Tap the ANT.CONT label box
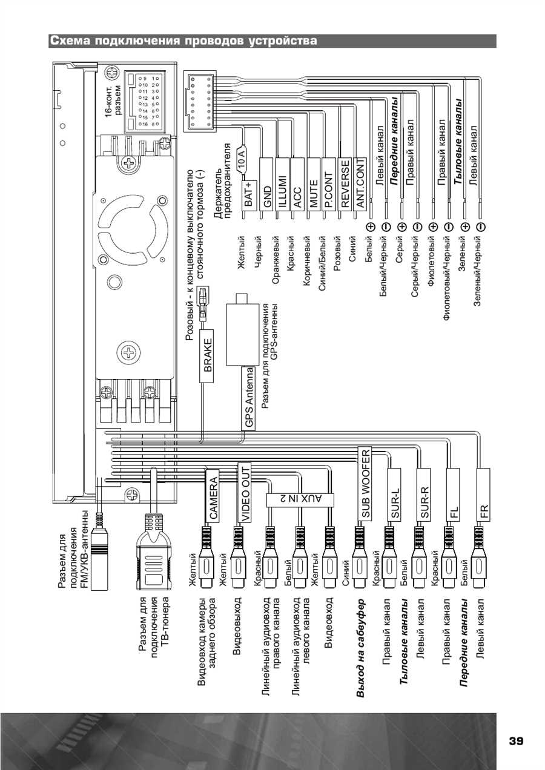(x=360, y=186)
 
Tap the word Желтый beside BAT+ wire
(x=242, y=250)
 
